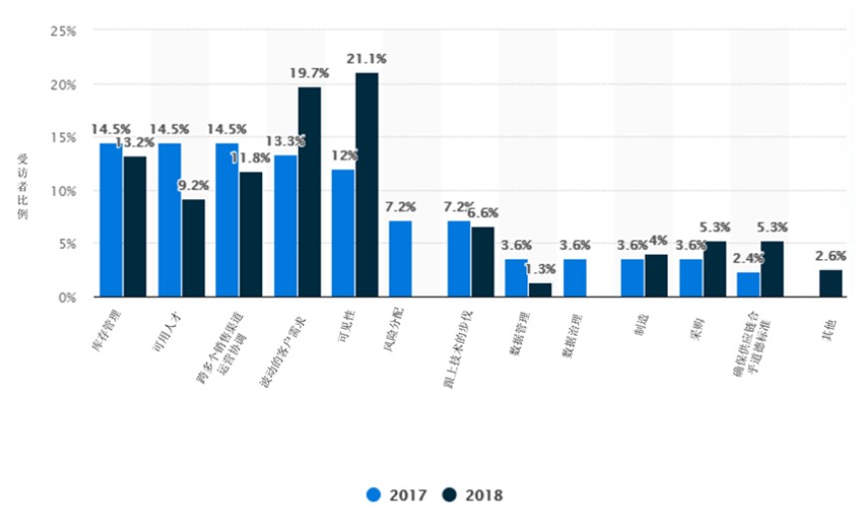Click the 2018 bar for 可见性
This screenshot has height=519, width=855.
[367, 185]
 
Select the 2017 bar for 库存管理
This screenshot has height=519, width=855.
[111, 220]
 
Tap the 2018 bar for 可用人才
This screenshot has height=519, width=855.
[193, 248]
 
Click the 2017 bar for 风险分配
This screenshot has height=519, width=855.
[401, 259]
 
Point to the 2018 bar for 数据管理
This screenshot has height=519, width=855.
[540, 290]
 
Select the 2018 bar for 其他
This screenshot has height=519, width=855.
[831, 283]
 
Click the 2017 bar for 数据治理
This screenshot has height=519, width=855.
[575, 278]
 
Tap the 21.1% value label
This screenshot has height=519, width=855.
[367, 60]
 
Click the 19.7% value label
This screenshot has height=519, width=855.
[309, 74]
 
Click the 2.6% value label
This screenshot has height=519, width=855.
[831, 256]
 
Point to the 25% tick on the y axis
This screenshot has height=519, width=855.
[64, 32]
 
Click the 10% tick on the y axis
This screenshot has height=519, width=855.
[64, 191]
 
